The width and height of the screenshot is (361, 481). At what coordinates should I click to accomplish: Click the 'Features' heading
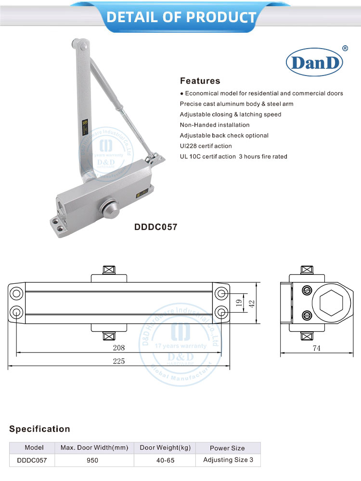200,81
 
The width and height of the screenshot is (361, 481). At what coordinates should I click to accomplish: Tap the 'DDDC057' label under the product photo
155,227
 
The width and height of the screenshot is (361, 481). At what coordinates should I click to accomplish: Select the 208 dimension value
119,348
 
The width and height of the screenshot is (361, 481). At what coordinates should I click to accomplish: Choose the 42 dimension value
251,303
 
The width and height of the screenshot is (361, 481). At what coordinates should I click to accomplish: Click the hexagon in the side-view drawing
329,303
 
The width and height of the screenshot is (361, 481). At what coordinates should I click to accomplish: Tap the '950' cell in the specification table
93,460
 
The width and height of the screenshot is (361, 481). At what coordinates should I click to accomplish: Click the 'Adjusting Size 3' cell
228,460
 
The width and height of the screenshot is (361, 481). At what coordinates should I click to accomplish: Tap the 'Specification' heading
39,429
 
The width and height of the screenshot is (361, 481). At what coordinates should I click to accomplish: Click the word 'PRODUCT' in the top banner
220,17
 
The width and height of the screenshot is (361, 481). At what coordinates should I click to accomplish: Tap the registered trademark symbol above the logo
345,48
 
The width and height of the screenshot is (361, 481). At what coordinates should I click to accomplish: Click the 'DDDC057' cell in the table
32,460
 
